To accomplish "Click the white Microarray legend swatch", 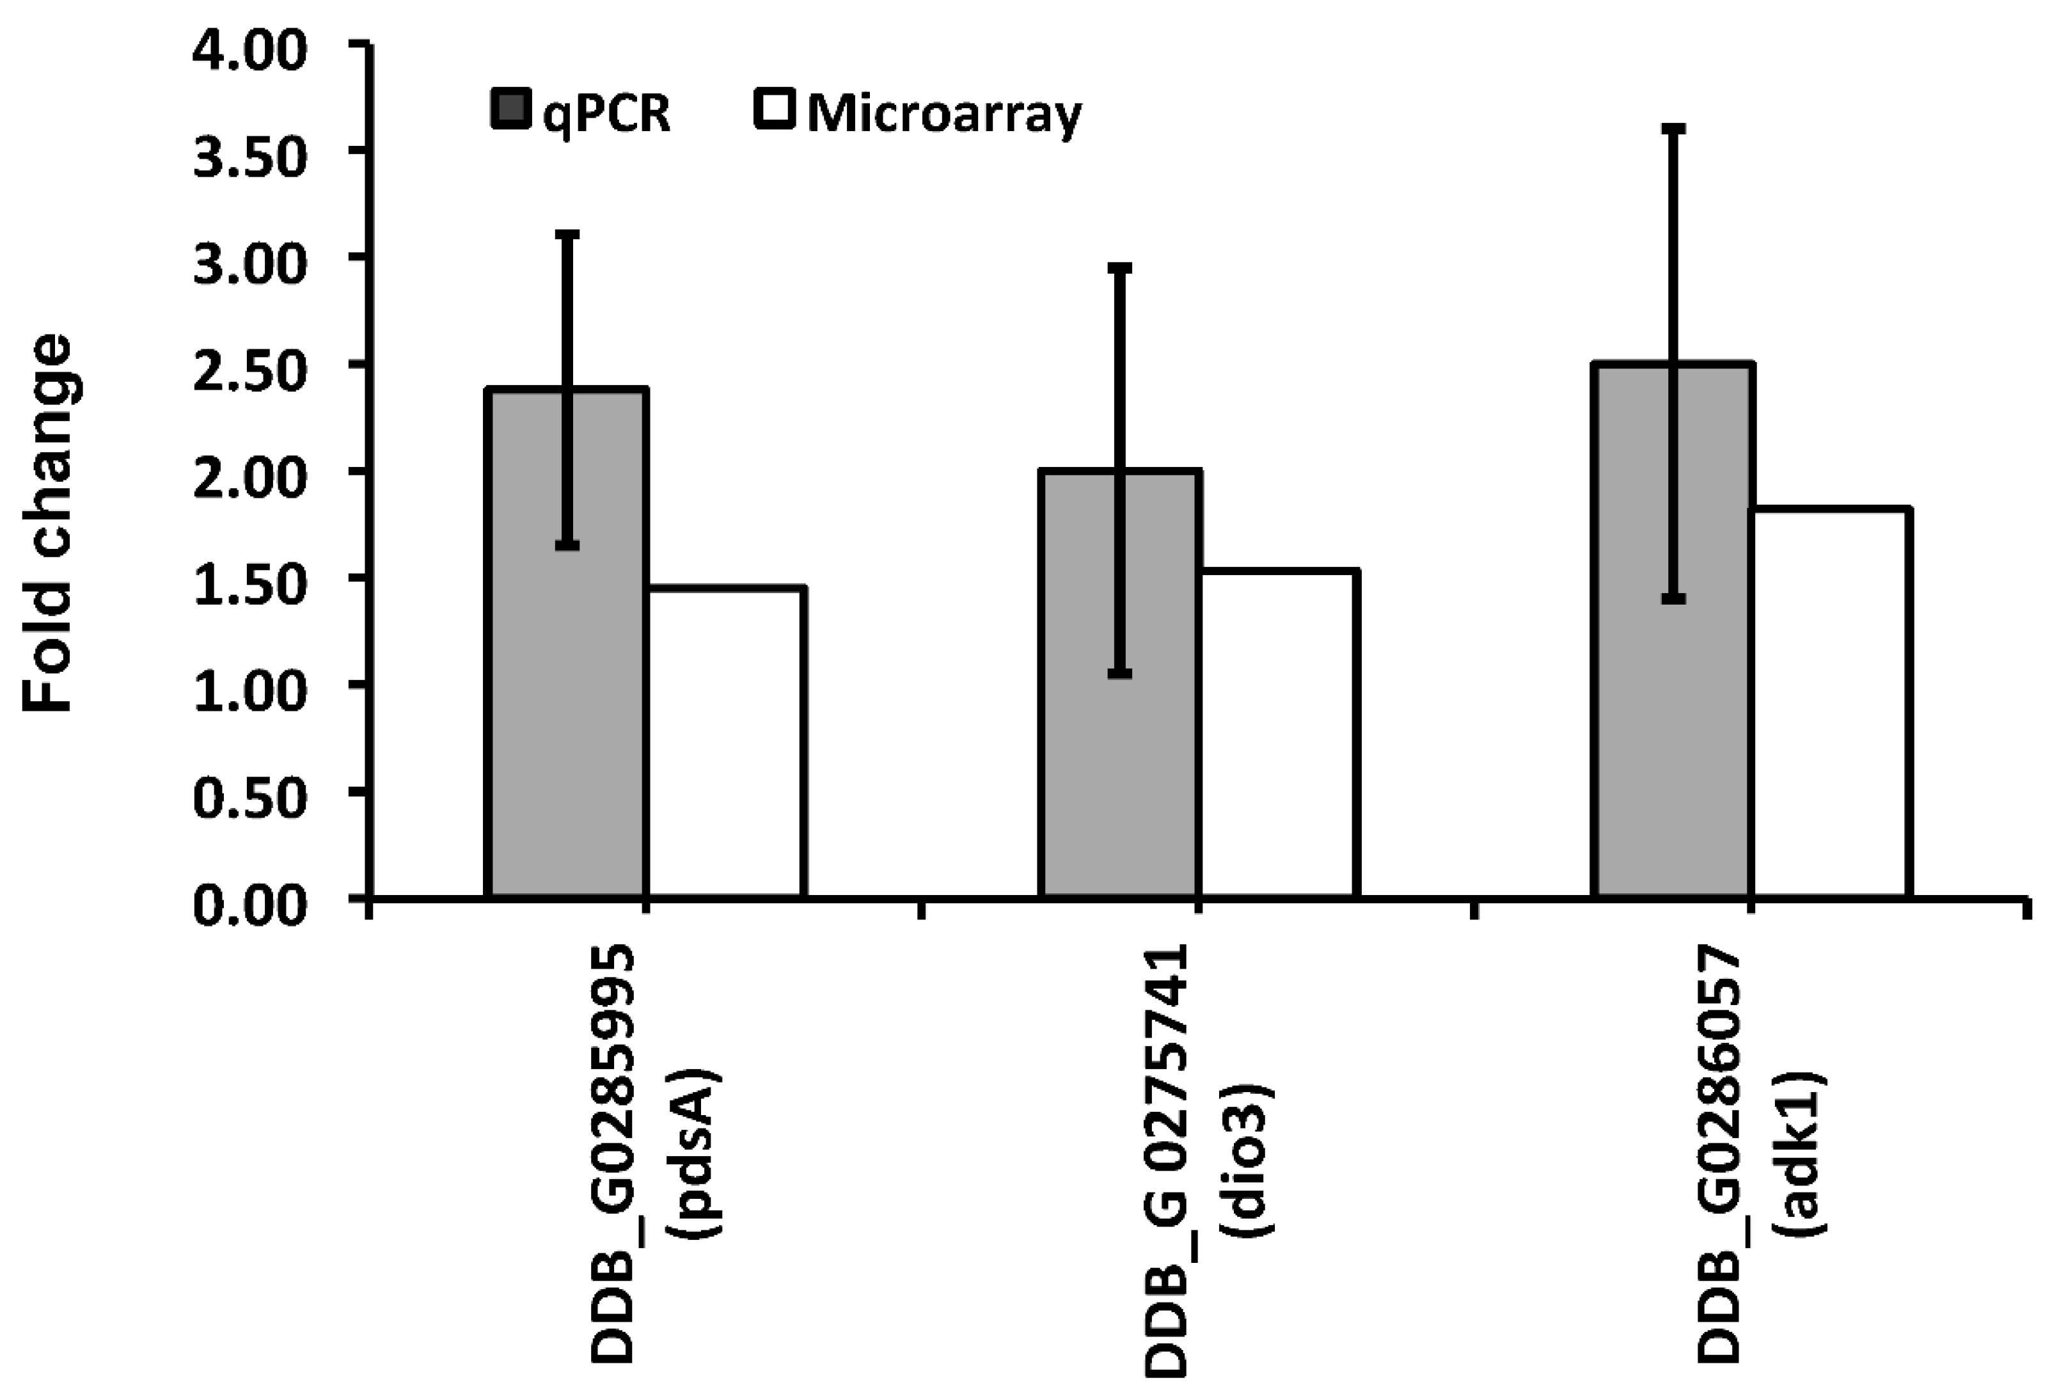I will pos(775,111).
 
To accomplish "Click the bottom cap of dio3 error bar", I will pos(1120,674).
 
